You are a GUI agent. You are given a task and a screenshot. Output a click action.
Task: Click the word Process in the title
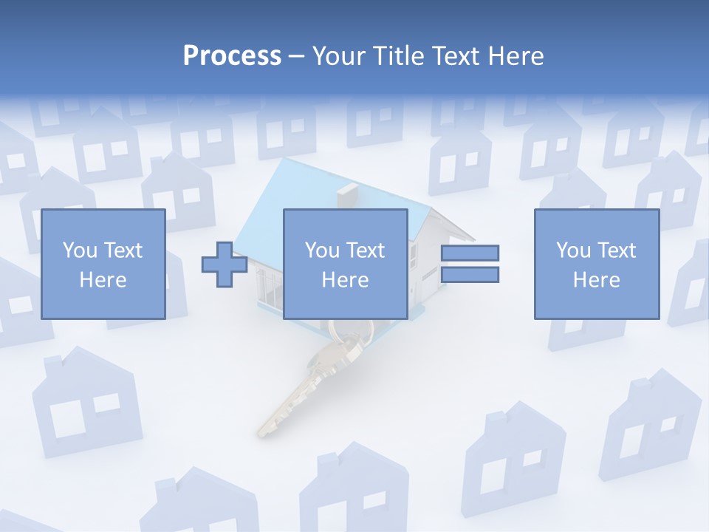(x=232, y=56)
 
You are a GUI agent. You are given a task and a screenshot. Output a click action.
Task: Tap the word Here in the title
(x=515, y=56)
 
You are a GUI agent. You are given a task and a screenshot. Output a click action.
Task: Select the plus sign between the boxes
(x=225, y=265)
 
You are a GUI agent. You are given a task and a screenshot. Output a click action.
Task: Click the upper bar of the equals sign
(x=470, y=253)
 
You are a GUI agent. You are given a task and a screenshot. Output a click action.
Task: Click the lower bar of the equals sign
(x=470, y=275)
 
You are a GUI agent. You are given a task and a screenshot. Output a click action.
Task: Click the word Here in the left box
(x=103, y=280)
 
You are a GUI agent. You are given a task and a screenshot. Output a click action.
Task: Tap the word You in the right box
(x=572, y=250)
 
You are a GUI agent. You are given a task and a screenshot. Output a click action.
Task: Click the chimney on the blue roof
(x=346, y=196)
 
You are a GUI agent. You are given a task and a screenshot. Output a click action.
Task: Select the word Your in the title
(x=339, y=56)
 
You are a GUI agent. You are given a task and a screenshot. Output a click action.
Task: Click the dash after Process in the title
(x=296, y=57)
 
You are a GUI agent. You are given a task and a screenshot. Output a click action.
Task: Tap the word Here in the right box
(x=596, y=280)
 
